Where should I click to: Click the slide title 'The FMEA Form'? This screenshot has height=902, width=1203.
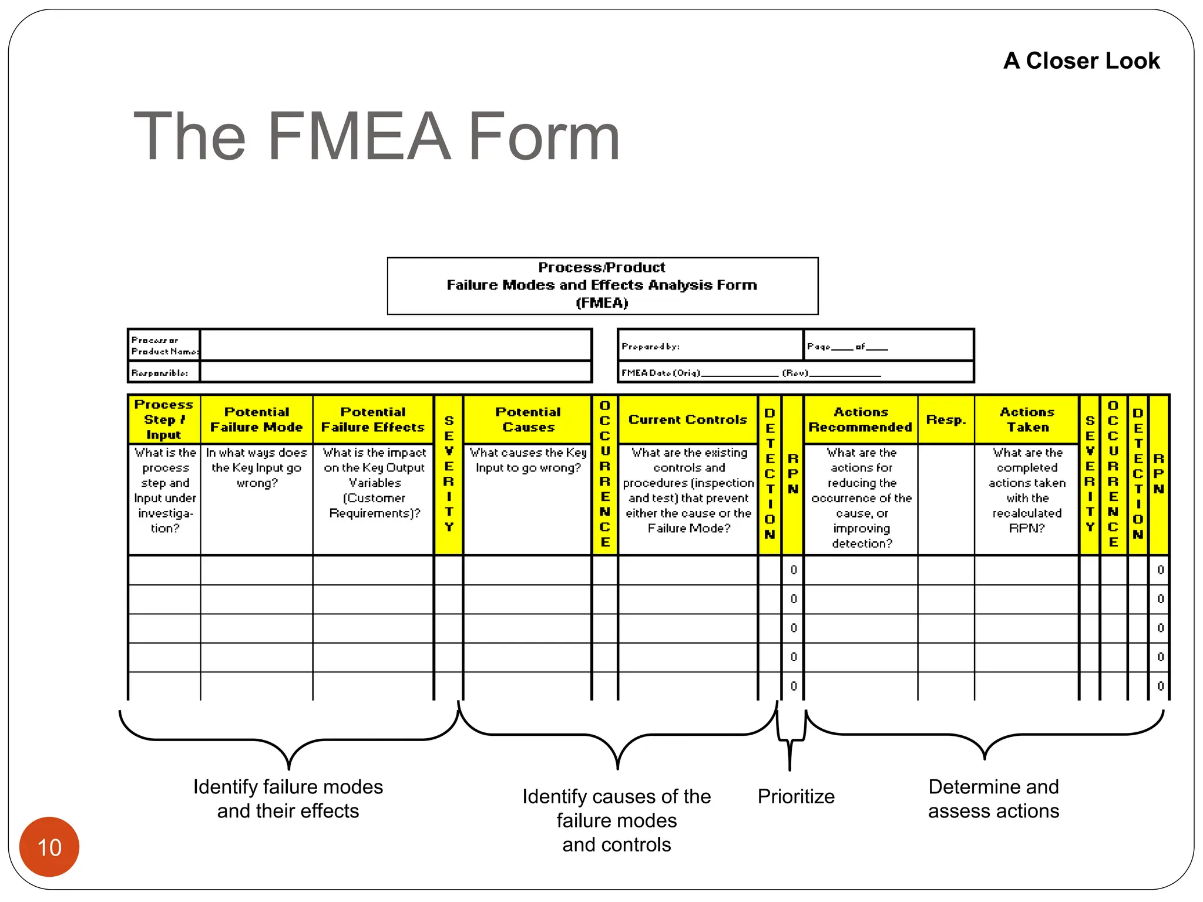377,136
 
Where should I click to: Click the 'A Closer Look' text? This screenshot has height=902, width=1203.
1081,60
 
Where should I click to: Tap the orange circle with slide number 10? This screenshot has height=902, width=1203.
49,847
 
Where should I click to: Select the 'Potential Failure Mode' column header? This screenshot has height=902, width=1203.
256,419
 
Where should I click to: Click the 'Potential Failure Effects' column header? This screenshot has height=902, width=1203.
373,419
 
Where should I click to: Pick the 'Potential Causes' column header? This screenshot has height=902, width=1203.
527,419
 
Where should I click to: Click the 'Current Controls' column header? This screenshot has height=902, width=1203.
687,419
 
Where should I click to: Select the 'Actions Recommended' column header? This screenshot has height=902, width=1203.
861,419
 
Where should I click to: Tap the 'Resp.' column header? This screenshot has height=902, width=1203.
946,419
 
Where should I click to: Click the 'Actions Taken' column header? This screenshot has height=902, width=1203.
1027,419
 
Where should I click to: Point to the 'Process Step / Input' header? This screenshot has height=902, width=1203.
164,419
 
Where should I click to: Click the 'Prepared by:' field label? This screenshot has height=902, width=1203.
650,346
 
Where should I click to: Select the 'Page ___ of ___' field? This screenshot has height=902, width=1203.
847,346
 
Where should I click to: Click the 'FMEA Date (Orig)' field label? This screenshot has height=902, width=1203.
661,373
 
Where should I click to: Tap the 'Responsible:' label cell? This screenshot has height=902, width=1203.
160,373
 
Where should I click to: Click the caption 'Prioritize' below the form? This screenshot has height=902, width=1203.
796,796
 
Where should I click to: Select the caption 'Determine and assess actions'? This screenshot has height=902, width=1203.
993,799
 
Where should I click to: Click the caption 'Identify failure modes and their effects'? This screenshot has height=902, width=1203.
288,799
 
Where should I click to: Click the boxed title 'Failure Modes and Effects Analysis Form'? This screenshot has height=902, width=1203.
601,285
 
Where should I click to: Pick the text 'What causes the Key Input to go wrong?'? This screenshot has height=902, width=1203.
527,460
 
